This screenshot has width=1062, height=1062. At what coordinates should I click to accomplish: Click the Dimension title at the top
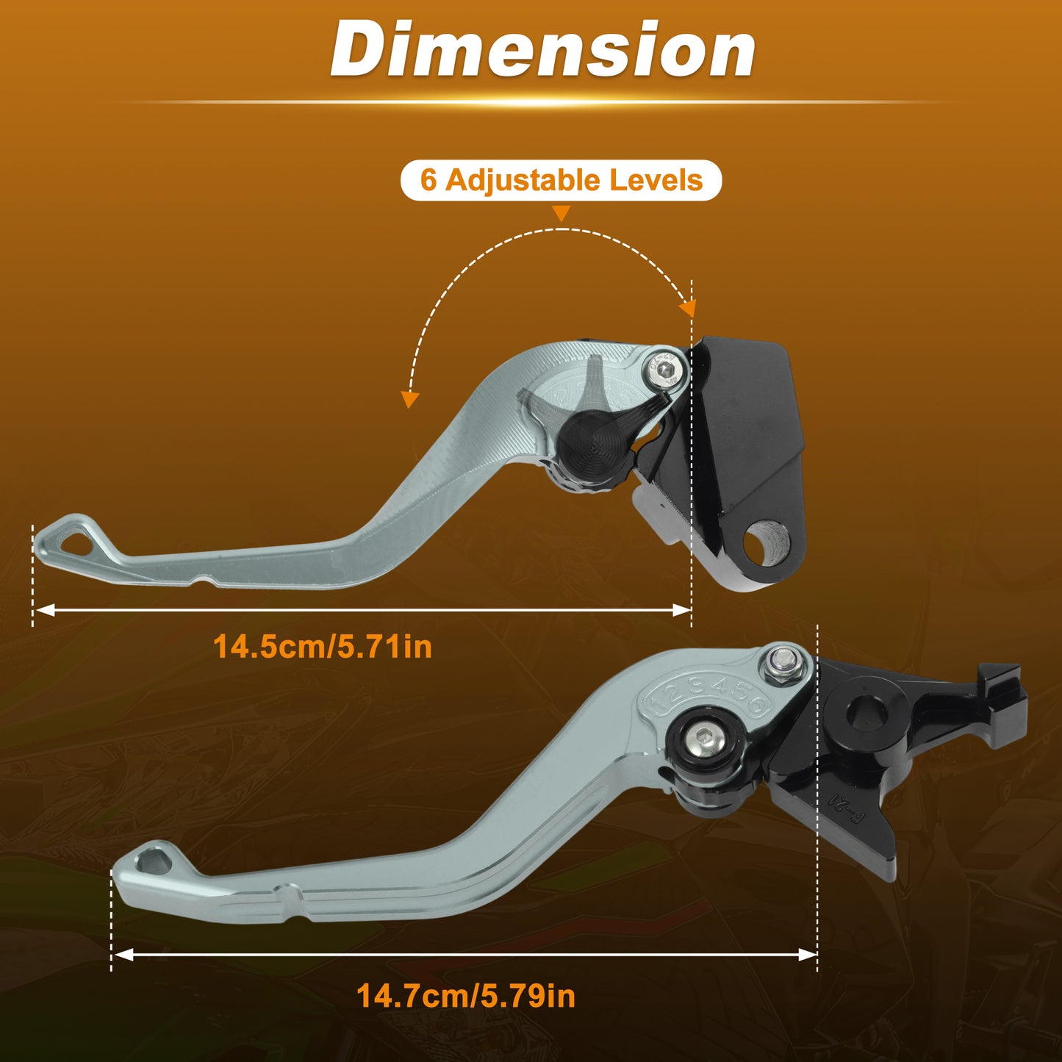542,49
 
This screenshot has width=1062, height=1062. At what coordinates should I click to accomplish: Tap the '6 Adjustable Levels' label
561,180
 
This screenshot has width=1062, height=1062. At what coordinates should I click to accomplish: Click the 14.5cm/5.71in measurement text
323,647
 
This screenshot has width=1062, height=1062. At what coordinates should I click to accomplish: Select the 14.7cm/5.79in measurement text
466,996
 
